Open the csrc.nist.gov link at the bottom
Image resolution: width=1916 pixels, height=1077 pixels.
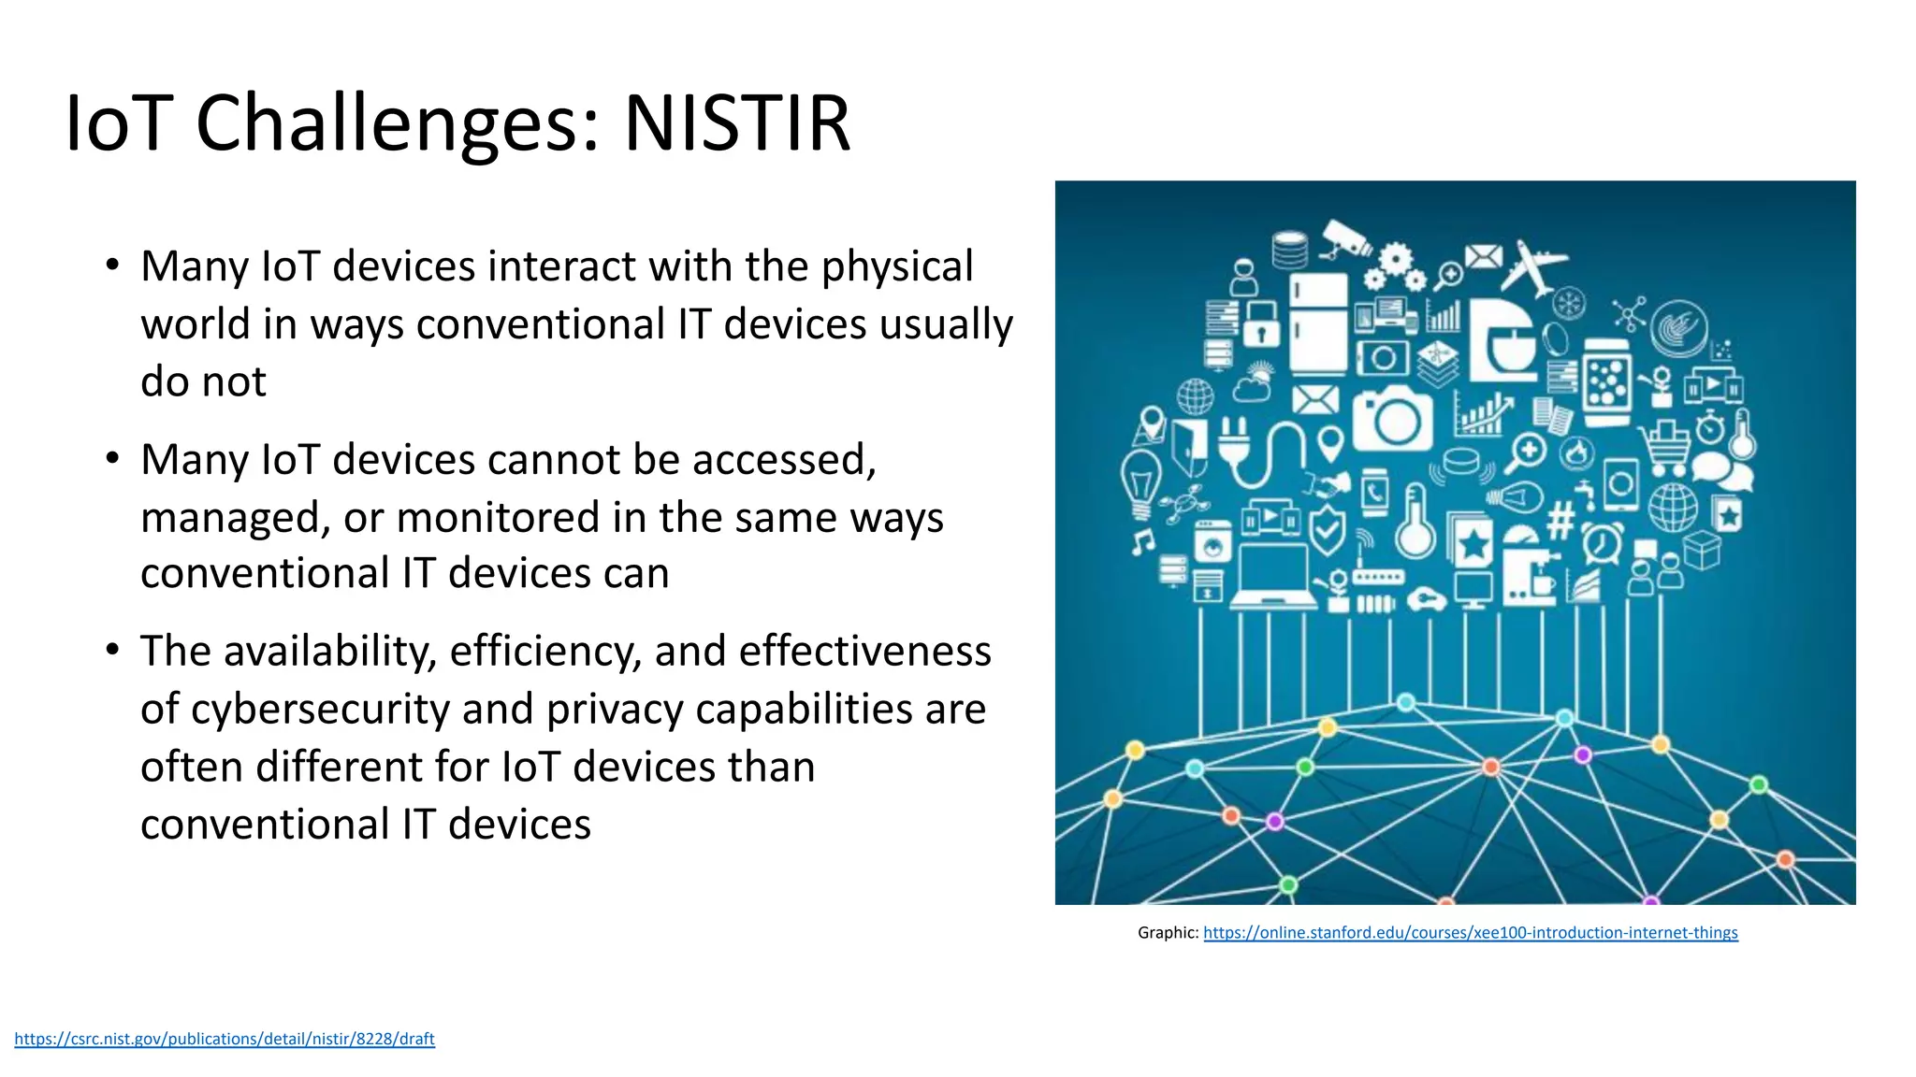[225, 1039]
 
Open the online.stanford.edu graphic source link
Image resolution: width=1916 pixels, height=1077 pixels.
[1470, 932]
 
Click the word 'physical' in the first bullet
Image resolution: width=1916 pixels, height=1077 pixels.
[897, 266]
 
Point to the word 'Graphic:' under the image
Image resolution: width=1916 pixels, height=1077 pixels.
[1168, 932]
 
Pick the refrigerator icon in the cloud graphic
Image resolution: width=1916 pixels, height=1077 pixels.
[1317, 322]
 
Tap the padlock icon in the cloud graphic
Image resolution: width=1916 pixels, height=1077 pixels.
[1261, 323]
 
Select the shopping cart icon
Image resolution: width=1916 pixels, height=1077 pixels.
[1667, 446]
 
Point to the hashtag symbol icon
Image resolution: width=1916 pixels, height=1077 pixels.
[1560, 521]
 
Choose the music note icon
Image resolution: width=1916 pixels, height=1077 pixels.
[1142, 540]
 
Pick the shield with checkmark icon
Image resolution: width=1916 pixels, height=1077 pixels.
[1326, 530]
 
